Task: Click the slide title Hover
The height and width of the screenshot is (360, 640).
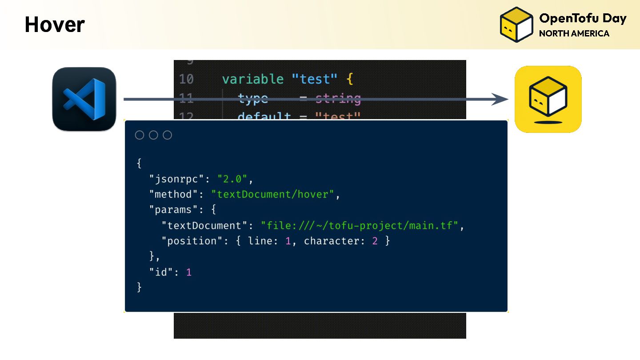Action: pos(54,25)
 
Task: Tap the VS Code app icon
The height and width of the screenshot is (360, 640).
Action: pos(84,99)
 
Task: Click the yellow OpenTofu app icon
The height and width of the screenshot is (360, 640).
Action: pos(548,99)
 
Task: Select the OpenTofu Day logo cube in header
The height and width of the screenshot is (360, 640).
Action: pos(516,24)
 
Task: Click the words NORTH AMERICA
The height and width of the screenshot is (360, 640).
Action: pos(574,34)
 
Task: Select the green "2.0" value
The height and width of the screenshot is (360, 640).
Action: pos(232,179)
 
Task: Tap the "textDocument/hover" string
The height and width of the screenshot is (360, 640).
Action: pos(272,194)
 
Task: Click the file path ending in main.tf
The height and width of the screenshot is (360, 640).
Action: pos(360,225)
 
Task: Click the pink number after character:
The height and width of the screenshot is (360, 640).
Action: pos(375,241)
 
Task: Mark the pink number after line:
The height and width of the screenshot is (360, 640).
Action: pos(288,241)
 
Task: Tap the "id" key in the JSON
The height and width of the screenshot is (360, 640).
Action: pos(160,272)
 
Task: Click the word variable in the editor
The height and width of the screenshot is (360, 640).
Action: pos(252,79)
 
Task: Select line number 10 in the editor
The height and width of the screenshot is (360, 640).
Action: pos(186,79)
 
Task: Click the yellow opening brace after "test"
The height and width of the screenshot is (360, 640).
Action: pos(349,80)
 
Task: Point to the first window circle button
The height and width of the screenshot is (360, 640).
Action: pos(140,135)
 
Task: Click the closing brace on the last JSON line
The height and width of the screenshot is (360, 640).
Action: pos(139,288)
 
